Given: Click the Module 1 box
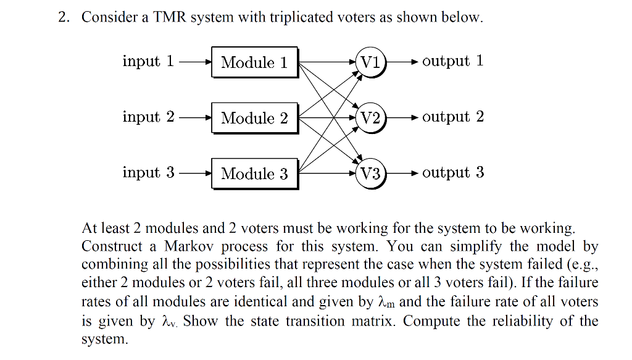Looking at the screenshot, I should click(254, 62).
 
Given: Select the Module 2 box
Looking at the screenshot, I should click(254, 118).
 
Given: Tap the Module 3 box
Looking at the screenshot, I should click(254, 174).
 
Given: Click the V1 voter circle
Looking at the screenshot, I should click(370, 62).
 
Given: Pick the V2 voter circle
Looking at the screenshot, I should click(370, 117).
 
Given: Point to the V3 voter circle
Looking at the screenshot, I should click(370, 174).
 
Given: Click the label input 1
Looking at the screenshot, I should click(148, 61).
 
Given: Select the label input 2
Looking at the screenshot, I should click(148, 117).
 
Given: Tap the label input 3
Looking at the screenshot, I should click(148, 172).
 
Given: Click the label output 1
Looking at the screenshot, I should click(453, 61).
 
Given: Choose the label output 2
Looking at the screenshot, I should click(453, 117).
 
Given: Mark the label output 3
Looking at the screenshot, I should click(453, 172).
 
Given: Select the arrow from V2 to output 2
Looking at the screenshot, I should click(402, 117).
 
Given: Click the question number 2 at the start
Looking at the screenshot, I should click(63, 18).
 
